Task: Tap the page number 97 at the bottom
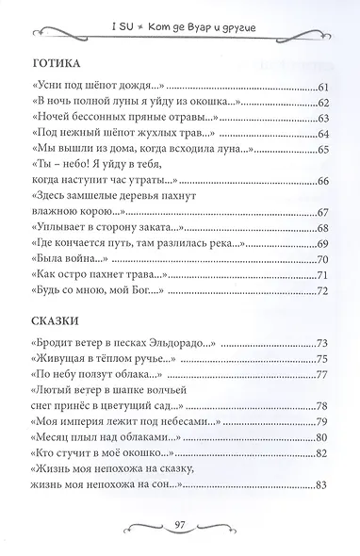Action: [178, 523]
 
